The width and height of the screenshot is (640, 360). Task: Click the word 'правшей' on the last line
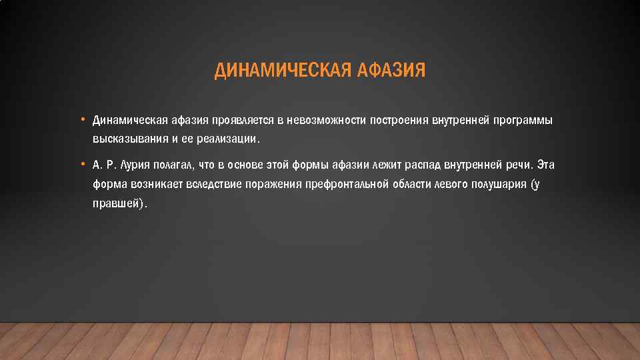[116, 204]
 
